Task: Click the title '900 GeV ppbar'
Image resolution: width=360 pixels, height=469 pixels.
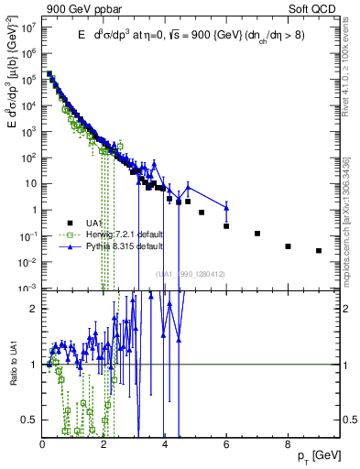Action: pos(77,8)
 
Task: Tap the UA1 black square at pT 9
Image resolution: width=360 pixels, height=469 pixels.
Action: pos(319,250)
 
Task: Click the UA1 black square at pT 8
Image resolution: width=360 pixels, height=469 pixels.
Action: pos(288,245)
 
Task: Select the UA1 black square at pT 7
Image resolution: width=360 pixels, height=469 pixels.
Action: pos(257,234)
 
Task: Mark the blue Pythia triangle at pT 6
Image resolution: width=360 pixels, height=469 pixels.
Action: pos(226,207)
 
